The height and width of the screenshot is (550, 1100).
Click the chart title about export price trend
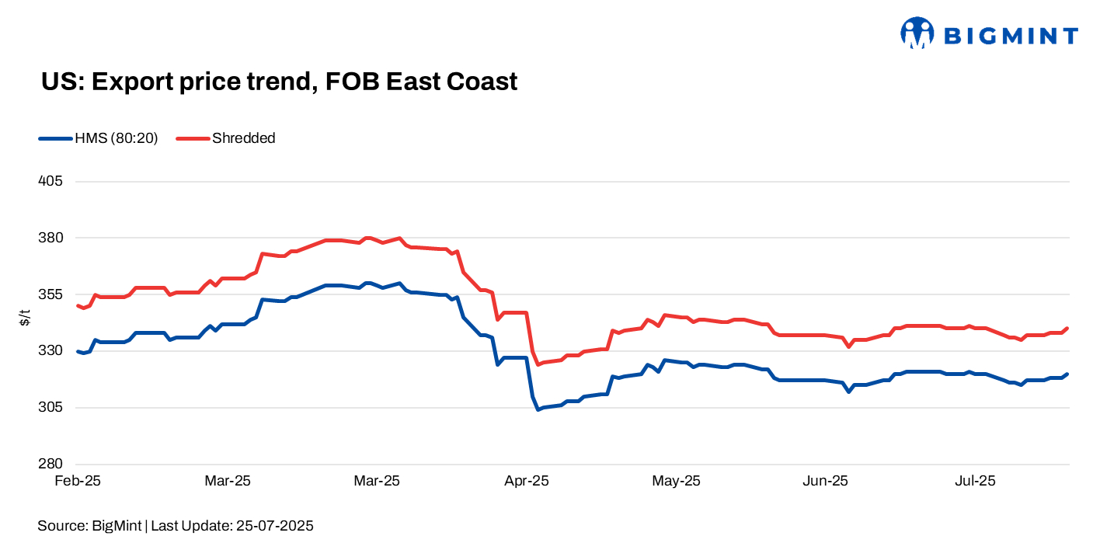[279, 82]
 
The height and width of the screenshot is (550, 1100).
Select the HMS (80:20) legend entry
[116, 139]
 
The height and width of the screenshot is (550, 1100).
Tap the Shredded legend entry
[243, 139]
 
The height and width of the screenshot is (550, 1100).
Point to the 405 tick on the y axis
[50, 181]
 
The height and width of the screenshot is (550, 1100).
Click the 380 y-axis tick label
[50, 238]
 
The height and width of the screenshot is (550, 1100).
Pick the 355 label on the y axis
[50, 294]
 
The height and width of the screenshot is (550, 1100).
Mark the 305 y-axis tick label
[50, 408]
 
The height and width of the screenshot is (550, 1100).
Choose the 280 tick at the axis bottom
[50, 465]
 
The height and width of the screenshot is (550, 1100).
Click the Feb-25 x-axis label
[78, 482]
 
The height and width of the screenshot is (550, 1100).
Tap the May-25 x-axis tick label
[676, 482]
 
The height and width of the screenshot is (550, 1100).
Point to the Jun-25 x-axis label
[825, 482]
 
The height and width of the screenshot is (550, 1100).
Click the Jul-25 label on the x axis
[974, 482]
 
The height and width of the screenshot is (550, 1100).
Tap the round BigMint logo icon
[917, 33]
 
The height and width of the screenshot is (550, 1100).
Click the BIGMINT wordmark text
[1011, 36]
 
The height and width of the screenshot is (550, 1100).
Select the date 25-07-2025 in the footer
[273, 526]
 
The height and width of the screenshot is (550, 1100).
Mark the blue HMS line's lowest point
[538, 409]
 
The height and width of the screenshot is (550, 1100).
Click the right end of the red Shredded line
[1067, 328]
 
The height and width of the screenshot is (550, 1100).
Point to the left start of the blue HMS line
[77, 351]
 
